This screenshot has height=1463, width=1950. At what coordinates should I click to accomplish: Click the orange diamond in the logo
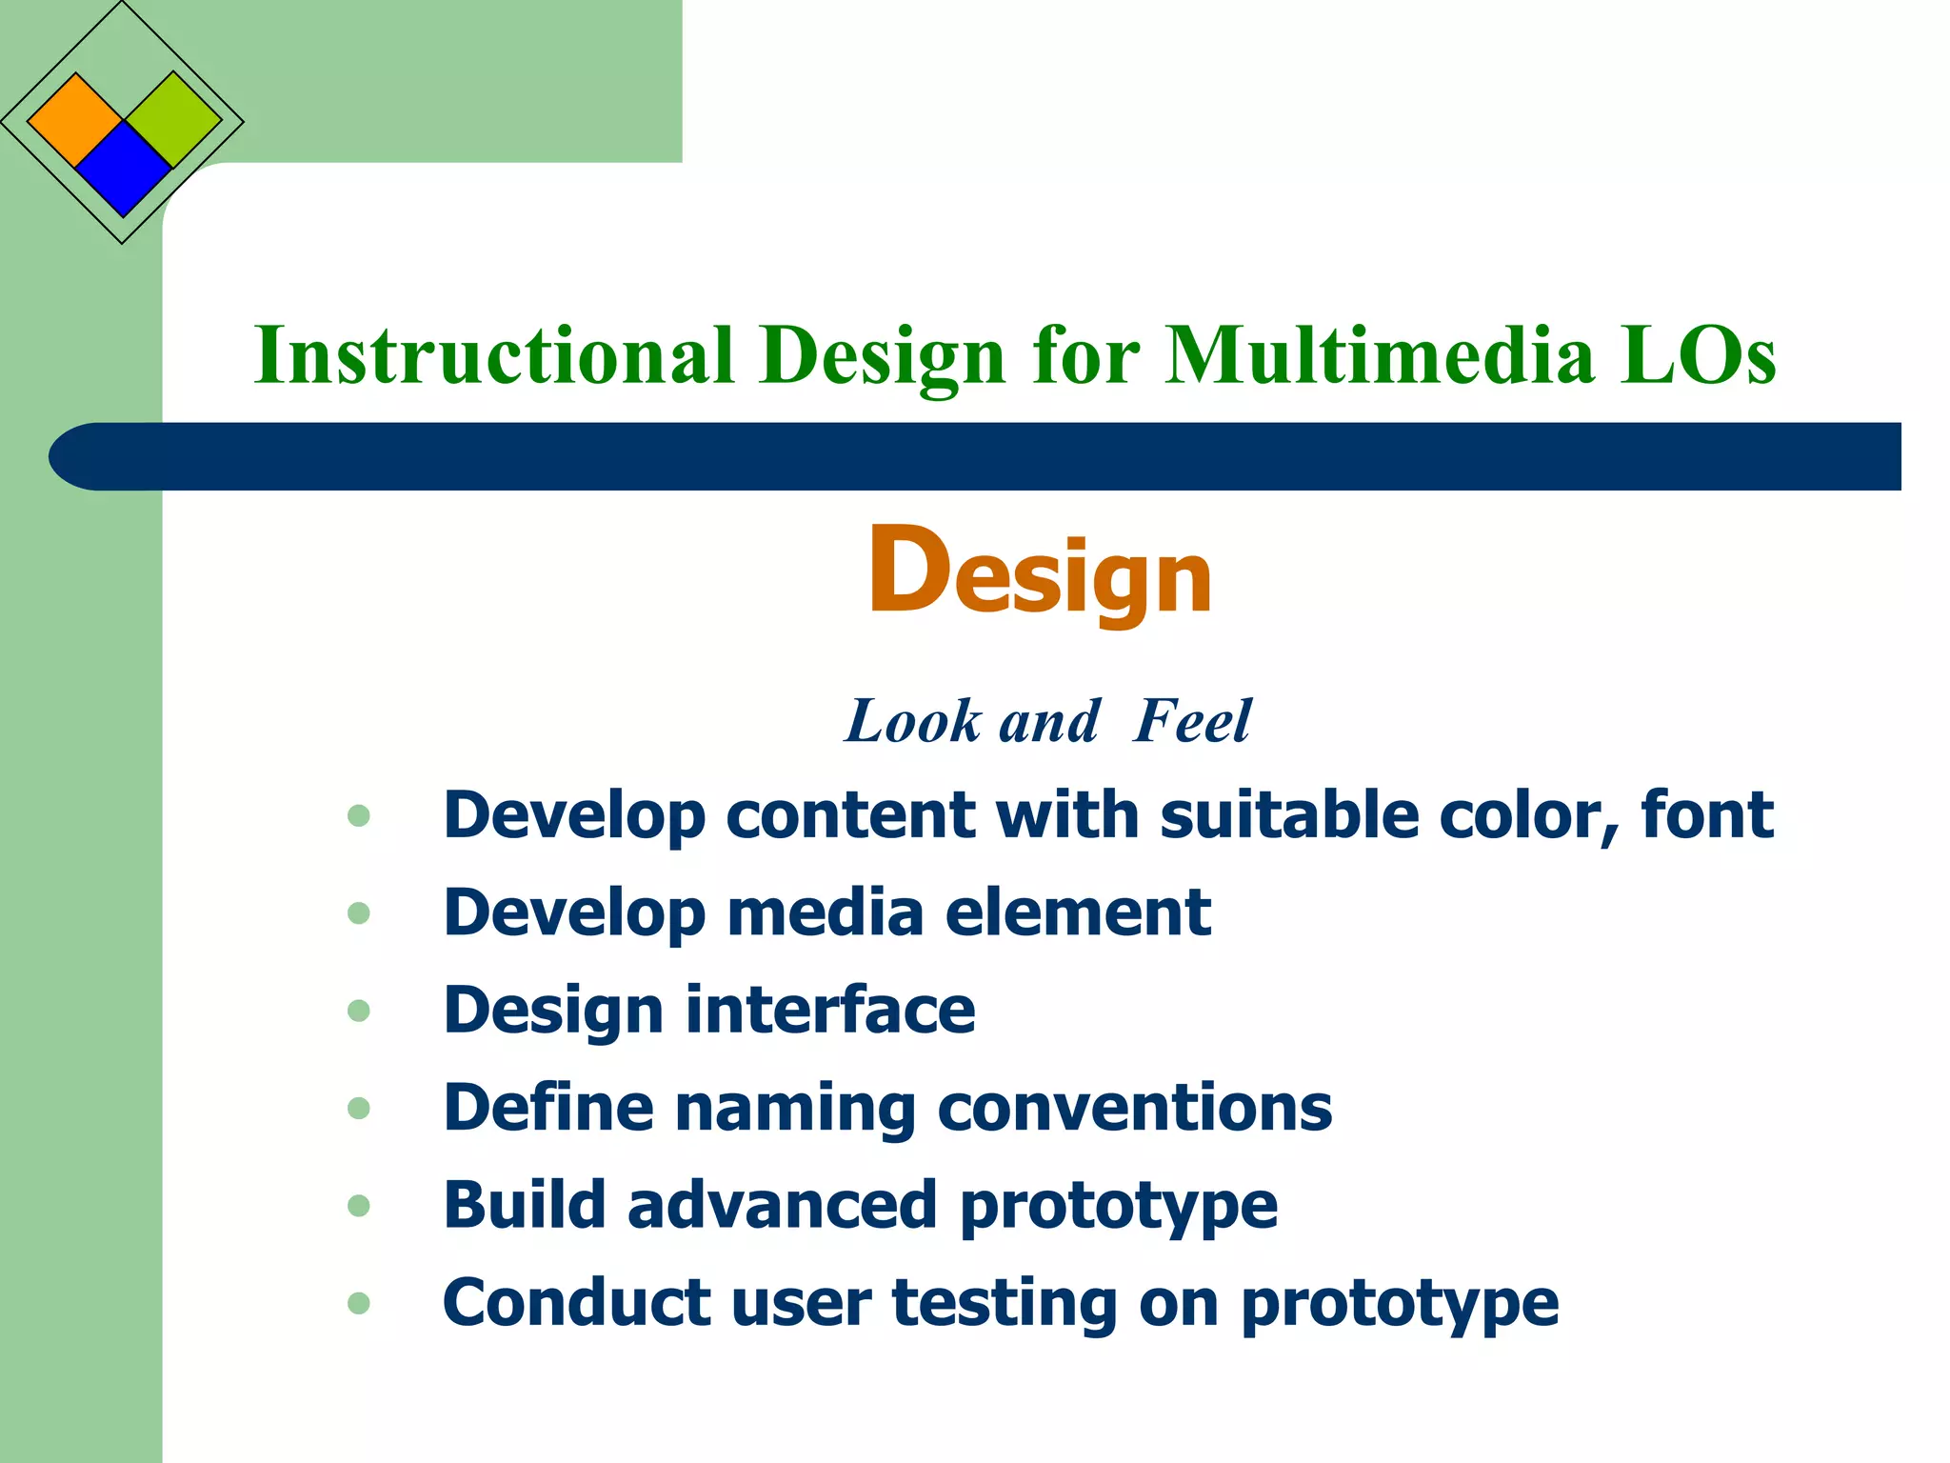coord(75,121)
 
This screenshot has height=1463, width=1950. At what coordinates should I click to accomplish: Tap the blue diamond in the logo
coord(123,170)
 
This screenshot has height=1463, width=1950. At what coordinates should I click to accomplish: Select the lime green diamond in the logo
coord(173,120)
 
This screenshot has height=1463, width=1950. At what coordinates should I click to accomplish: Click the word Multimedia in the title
coord(1380,355)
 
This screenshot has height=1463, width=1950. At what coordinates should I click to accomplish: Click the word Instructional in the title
coord(494,355)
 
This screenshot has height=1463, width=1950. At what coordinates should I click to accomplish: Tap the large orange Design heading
coord(1040,572)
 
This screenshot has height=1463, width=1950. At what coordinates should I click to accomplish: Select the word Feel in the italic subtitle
coord(1192,721)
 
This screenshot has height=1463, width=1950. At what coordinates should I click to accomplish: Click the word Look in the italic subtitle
coord(913,721)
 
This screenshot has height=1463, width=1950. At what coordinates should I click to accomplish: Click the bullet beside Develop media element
coord(359,913)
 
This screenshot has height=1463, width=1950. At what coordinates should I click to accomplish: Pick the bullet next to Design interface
coord(359,1011)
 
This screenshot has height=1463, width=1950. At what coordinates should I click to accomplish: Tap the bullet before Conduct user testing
coord(359,1303)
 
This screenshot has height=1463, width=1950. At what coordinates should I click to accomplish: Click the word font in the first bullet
coord(1706,815)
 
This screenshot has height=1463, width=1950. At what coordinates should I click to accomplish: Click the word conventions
coord(1135,1109)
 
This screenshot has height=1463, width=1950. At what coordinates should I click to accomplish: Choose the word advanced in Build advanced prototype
coord(783,1205)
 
